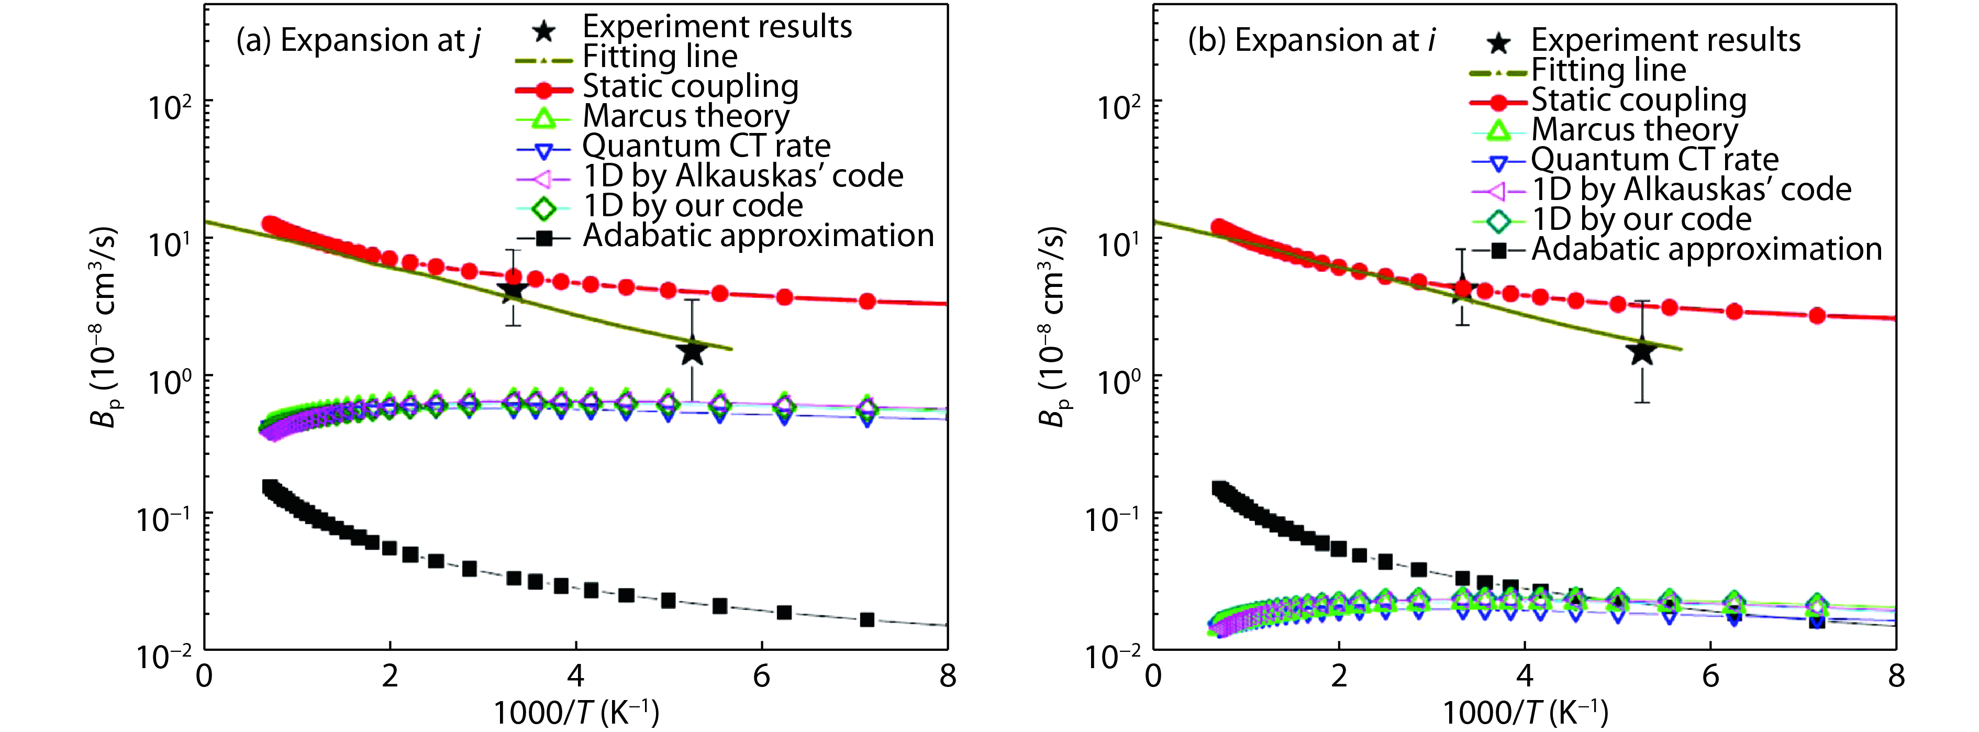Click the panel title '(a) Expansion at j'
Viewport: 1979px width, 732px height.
click(358, 40)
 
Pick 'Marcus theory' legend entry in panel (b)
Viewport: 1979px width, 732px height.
click(1634, 130)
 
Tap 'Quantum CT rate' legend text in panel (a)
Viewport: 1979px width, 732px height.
click(706, 146)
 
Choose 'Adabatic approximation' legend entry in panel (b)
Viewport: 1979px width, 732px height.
click(1706, 250)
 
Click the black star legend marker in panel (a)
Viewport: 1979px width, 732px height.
click(544, 31)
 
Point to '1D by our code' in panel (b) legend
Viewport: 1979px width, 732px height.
click(1641, 220)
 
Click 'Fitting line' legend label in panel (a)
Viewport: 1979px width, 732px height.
click(660, 56)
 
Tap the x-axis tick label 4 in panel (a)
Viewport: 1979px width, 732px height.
click(575, 676)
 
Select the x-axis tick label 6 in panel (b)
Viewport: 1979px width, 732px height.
click(1710, 676)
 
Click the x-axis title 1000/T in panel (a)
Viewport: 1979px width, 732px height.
click(575, 713)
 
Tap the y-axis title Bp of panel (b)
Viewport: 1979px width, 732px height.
click(1052, 326)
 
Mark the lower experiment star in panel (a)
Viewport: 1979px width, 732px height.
click(692, 352)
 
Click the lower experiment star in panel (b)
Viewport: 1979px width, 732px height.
click(1642, 352)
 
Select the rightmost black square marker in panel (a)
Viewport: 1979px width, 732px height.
click(866, 619)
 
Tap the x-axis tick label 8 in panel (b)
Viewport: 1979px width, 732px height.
click(1896, 676)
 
